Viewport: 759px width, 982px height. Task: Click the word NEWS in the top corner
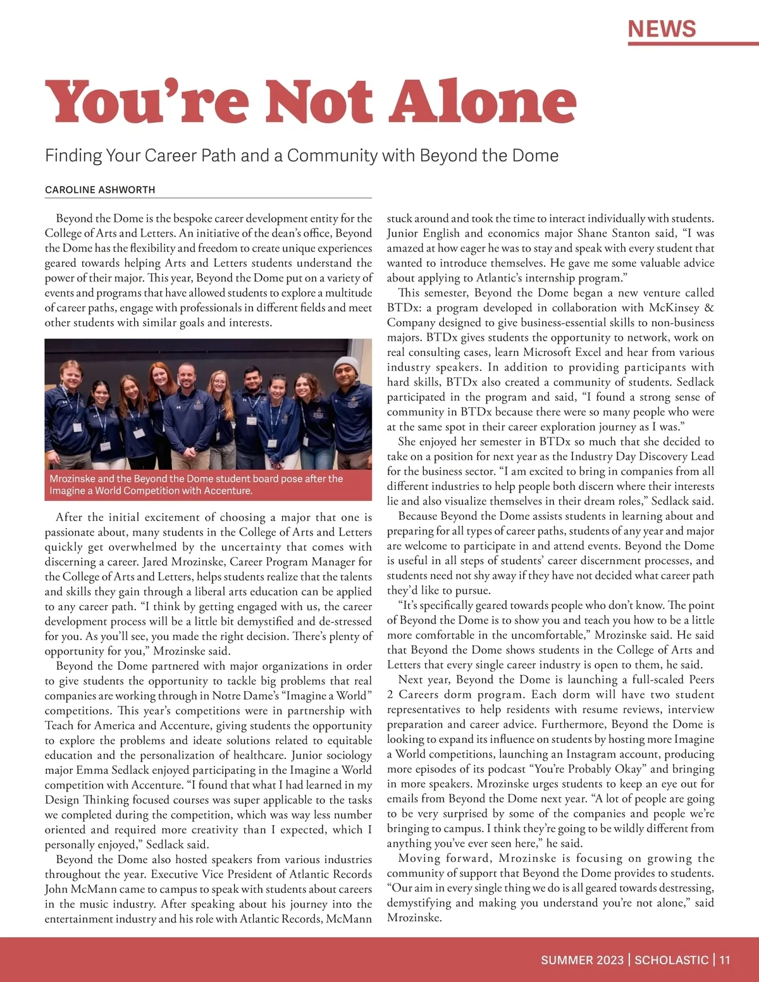coord(662,28)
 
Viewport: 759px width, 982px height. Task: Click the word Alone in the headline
coord(483,102)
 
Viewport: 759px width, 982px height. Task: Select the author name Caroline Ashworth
coord(100,190)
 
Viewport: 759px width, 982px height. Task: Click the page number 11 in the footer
coord(725,960)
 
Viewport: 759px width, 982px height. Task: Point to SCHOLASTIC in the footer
coord(671,960)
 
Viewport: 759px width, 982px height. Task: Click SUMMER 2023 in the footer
coord(582,960)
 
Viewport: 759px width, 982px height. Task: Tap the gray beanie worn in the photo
coord(345,365)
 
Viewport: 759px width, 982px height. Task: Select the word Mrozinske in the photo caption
coord(73,479)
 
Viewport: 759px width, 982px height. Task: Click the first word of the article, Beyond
coord(74,219)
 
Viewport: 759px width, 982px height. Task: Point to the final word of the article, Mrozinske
coord(414,918)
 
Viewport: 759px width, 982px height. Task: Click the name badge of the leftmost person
coord(77,427)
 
